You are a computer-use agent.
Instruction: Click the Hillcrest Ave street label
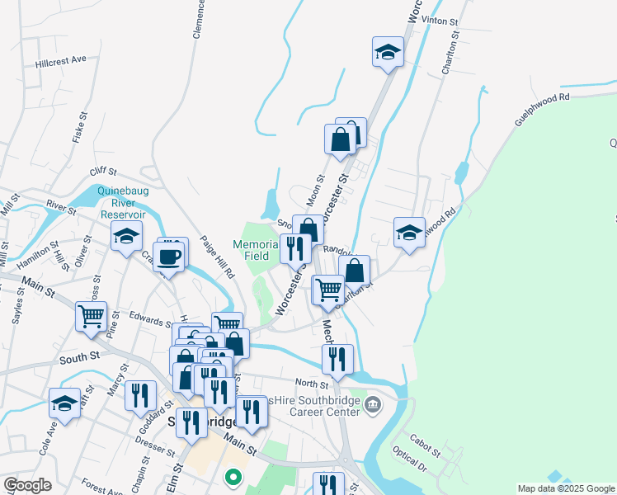click(x=61, y=60)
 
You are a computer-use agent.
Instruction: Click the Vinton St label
click(x=438, y=19)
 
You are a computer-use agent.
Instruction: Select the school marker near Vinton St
click(x=388, y=54)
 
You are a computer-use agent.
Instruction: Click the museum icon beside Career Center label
click(x=373, y=404)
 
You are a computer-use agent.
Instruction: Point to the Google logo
click(x=27, y=485)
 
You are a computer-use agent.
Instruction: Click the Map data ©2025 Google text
click(x=565, y=488)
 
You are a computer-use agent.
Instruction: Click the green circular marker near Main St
click(x=233, y=476)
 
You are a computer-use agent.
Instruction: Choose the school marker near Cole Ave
click(x=64, y=403)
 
